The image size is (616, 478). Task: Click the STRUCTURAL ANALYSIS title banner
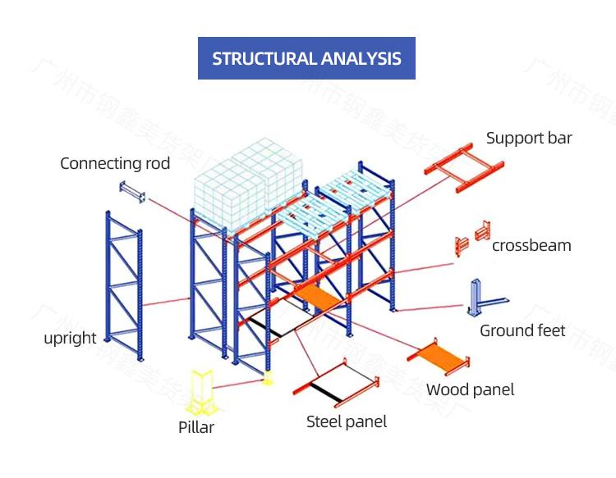click(x=306, y=58)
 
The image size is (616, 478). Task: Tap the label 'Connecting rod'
click(x=115, y=163)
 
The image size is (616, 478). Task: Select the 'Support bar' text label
click(x=529, y=138)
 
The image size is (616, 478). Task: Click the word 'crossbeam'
click(x=531, y=245)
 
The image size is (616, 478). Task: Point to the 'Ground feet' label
click(x=522, y=331)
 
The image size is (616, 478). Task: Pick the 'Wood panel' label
click(x=470, y=389)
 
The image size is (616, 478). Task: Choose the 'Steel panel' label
click(x=346, y=421)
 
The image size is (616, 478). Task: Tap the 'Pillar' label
click(x=196, y=427)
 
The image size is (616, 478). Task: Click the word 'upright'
click(x=70, y=338)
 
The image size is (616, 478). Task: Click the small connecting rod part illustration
click(x=131, y=192)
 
